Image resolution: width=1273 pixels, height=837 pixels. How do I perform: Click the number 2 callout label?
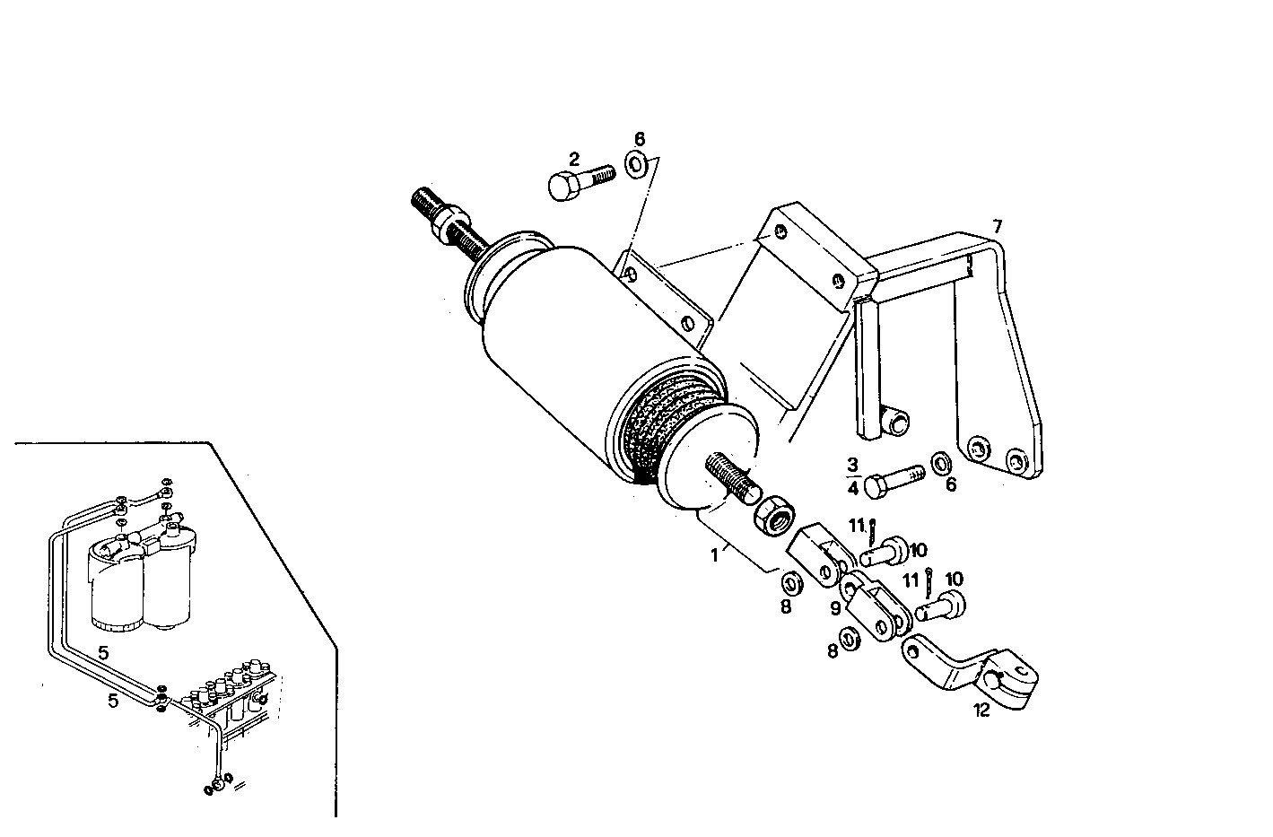[x=574, y=159]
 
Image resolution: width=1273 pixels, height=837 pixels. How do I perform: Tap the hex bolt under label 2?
[x=576, y=182]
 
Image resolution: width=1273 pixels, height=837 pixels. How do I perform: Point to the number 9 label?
[x=835, y=608]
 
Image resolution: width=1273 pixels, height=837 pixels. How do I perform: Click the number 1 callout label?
[x=715, y=555]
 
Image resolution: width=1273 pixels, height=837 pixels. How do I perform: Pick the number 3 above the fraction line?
[x=852, y=464]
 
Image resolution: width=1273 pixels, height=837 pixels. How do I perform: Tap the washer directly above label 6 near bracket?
[x=942, y=463]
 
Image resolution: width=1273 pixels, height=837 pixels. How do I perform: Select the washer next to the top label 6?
[x=638, y=164]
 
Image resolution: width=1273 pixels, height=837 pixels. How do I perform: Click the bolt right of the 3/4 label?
[x=892, y=477]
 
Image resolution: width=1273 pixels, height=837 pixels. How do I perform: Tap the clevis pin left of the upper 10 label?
[x=885, y=550]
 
